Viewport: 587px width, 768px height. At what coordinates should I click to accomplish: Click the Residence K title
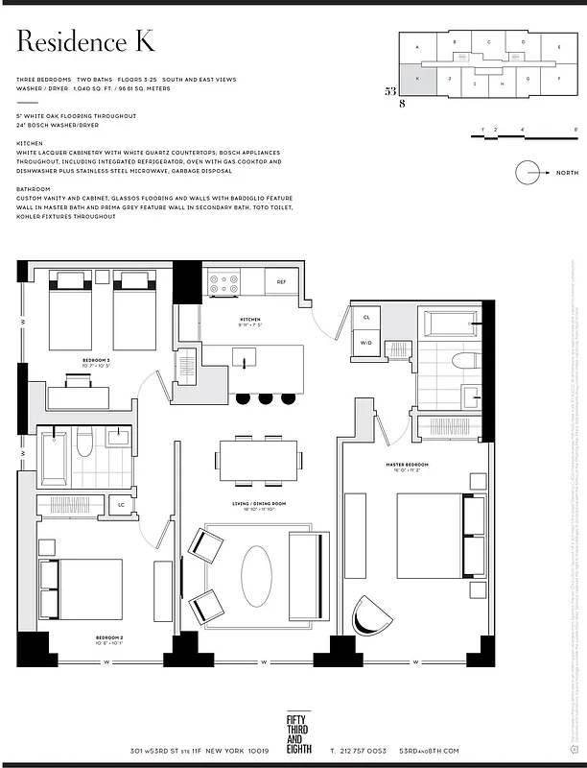coord(85,43)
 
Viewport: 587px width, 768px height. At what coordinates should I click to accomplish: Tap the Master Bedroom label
coord(408,465)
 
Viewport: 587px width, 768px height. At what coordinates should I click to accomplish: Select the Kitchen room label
coord(250,320)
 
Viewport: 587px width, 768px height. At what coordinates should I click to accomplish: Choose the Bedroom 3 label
coord(96,361)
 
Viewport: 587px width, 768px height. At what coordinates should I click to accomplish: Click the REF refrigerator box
coord(281,282)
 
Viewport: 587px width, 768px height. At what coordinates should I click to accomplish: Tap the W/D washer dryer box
coord(366,343)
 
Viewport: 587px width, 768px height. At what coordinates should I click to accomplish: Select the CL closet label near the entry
coord(366,317)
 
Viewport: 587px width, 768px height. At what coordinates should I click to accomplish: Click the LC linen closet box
coord(122,504)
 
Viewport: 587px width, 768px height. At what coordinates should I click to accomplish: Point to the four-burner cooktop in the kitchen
coord(223,282)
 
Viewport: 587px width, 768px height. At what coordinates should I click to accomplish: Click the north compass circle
coord(528,173)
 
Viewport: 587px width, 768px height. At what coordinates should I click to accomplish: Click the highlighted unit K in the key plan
coord(418,81)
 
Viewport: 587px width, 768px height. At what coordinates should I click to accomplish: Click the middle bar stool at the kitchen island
coord(265,397)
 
